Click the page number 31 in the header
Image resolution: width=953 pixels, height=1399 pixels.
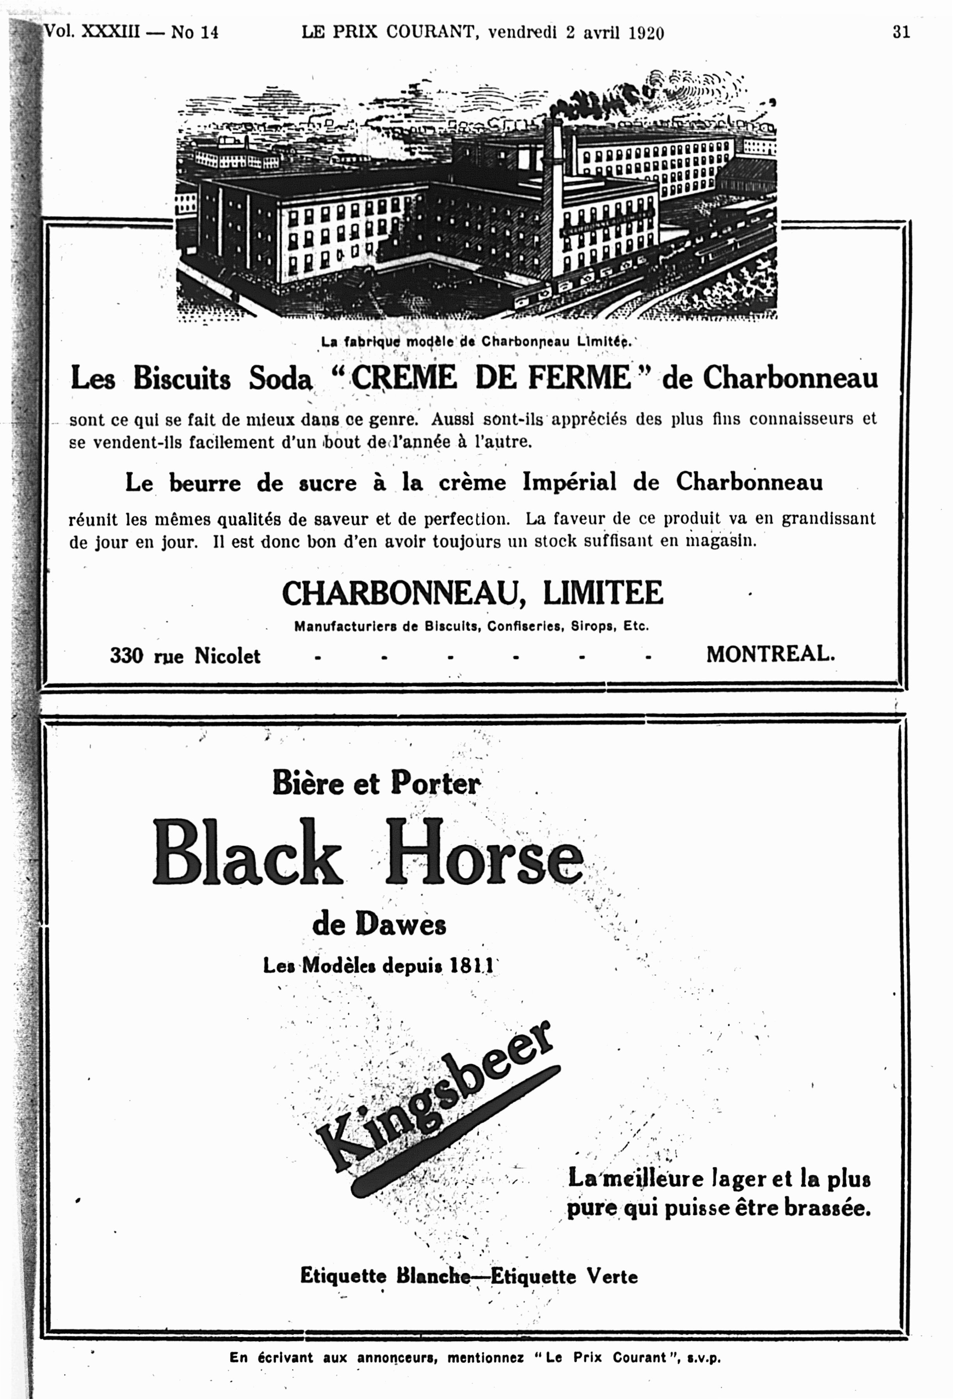[901, 32]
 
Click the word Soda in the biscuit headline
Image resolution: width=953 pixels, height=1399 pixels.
[281, 379]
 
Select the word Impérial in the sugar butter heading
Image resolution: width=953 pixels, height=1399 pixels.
[569, 482]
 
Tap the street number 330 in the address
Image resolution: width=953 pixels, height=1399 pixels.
[126, 655]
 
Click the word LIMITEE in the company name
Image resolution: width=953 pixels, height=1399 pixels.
[603, 593]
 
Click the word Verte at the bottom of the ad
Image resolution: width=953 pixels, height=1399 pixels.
[612, 1276]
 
